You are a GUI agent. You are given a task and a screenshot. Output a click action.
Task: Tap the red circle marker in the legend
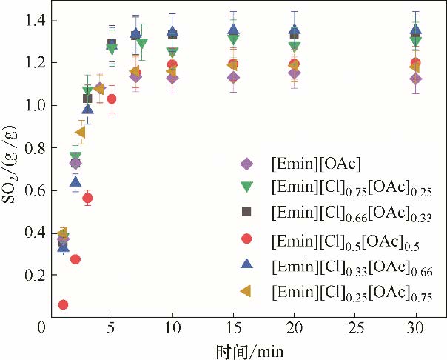pos(247,239)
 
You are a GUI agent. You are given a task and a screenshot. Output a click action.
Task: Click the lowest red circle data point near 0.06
pos(64,304)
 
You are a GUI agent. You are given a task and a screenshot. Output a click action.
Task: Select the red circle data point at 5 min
pos(112,99)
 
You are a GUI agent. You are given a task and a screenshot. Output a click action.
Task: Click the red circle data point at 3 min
pos(87,198)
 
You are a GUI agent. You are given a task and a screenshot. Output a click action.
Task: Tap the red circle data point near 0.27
pos(75,259)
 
